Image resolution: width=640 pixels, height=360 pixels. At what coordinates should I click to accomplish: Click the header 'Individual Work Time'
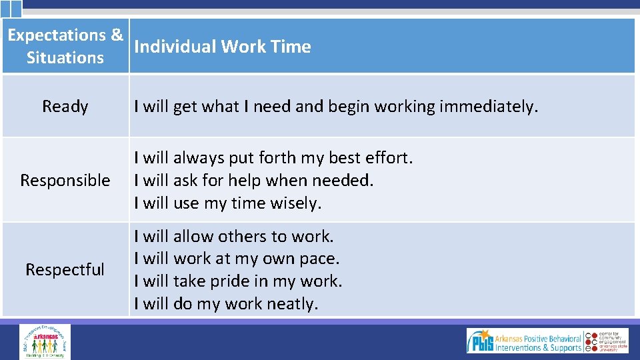click(x=222, y=47)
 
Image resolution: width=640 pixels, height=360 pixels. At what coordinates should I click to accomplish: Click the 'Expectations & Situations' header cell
click(x=65, y=46)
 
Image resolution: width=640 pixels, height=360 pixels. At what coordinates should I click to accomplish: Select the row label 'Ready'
click(x=65, y=107)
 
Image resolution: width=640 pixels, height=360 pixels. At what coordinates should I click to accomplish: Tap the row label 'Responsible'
click(x=65, y=180)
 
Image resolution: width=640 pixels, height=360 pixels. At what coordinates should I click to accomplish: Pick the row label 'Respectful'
click(x=65, y=269)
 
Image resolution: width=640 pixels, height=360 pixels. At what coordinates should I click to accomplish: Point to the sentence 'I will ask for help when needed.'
click(x=253, y=180)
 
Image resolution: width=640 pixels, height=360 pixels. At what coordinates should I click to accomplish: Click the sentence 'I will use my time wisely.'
click(x=227, y=203)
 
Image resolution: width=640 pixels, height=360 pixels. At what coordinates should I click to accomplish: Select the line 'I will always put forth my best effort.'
click(x=273, y=158)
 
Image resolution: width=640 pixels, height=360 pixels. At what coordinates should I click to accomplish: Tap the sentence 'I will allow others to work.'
click(x=233, y=237)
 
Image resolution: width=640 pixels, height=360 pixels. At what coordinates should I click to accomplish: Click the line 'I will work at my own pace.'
click(x=237, y=259)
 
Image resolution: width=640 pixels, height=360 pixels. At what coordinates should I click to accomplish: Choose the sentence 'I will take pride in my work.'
click(x=238, y=281)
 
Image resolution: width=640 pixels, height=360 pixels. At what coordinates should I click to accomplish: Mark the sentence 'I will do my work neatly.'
click(x=226, y=304)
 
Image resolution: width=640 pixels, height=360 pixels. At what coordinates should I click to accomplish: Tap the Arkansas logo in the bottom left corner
click(x=45, y=341)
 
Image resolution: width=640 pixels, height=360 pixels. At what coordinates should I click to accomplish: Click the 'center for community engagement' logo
click(x=608, y=341)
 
